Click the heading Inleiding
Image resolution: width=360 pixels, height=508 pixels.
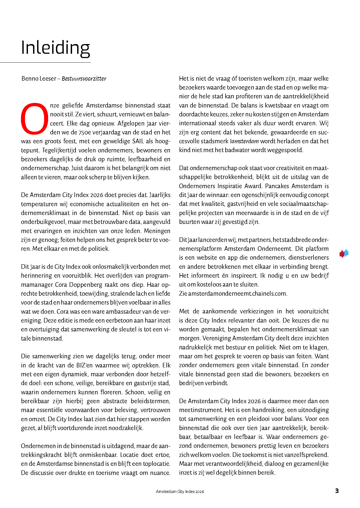click(x=55, y=48)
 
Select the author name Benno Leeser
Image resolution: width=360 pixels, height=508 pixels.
click(x=39, y=79)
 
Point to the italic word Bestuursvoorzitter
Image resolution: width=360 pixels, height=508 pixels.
click(x=84, y=79)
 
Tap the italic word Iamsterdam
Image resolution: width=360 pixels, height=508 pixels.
click(x=244, y=141)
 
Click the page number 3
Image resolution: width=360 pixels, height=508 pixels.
click(x=337, y=491)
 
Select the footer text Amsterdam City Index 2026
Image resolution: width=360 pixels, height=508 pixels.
click(x=180, y=492)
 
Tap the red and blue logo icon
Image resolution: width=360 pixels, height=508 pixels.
click(x=344, y=253)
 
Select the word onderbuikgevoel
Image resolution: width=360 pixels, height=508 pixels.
click(x=43, y=222)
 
